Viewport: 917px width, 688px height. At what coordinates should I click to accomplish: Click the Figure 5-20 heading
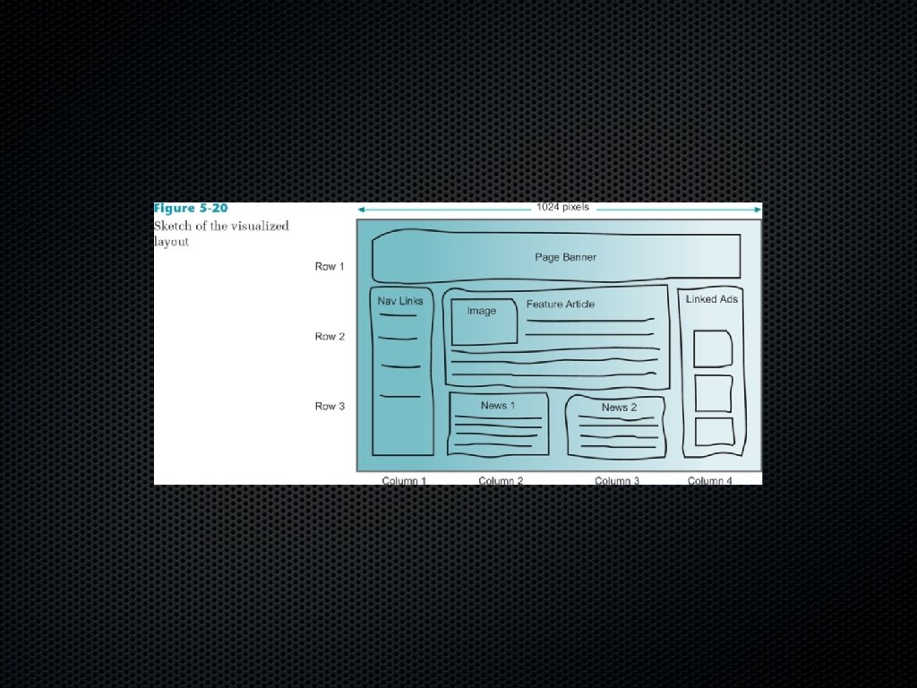coord(191,209)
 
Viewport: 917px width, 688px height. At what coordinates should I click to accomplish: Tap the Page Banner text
coord(565,257)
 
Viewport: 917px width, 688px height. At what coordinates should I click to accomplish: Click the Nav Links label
coord(400,301)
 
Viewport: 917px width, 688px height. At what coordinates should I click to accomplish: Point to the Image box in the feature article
coord(484,322)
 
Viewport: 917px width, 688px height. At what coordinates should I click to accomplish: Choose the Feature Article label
coord(560,305)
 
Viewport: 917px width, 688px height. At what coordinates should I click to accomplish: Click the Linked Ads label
coord(712,299)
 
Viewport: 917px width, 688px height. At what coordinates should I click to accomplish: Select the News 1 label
coord(498,406)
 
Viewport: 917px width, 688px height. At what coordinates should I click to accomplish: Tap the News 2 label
coord(619,408)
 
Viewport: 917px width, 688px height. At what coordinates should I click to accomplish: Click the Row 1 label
coord(330,267)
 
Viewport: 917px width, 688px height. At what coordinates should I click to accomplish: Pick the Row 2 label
coord(330,337)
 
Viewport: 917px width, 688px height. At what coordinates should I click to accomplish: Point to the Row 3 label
coord(330,407)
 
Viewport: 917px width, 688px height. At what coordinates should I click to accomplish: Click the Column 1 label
coord(404,481)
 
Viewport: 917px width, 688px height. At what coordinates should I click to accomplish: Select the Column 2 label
coord(501,481)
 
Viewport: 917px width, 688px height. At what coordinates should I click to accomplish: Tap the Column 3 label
coord(617,481)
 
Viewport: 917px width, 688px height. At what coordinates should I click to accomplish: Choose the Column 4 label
coord(709,481)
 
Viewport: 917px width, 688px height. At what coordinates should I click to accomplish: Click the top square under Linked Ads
coord(713,348)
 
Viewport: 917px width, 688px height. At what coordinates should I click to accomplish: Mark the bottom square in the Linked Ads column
coord(714,432)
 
